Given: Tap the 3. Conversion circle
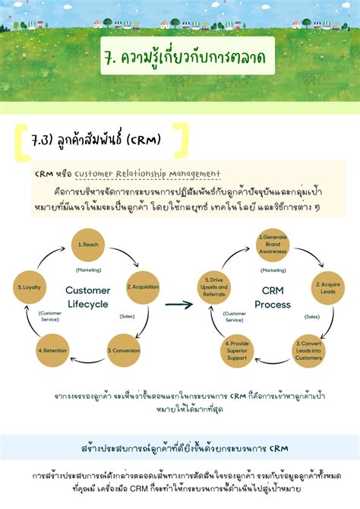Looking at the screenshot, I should point(122,350).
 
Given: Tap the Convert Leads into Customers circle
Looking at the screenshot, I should point(308,350).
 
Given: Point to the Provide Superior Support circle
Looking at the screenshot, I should point(237,350).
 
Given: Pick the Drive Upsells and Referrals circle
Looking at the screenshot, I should point(213,287).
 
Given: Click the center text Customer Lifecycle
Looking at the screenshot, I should point(87,297).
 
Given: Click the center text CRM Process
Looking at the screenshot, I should point(272,297).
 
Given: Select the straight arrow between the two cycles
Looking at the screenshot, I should point(178,305).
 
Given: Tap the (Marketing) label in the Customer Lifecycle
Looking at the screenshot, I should point(89,270).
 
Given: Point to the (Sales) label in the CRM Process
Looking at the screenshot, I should point(312,316).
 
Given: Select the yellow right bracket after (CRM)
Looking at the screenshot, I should point(178,141).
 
